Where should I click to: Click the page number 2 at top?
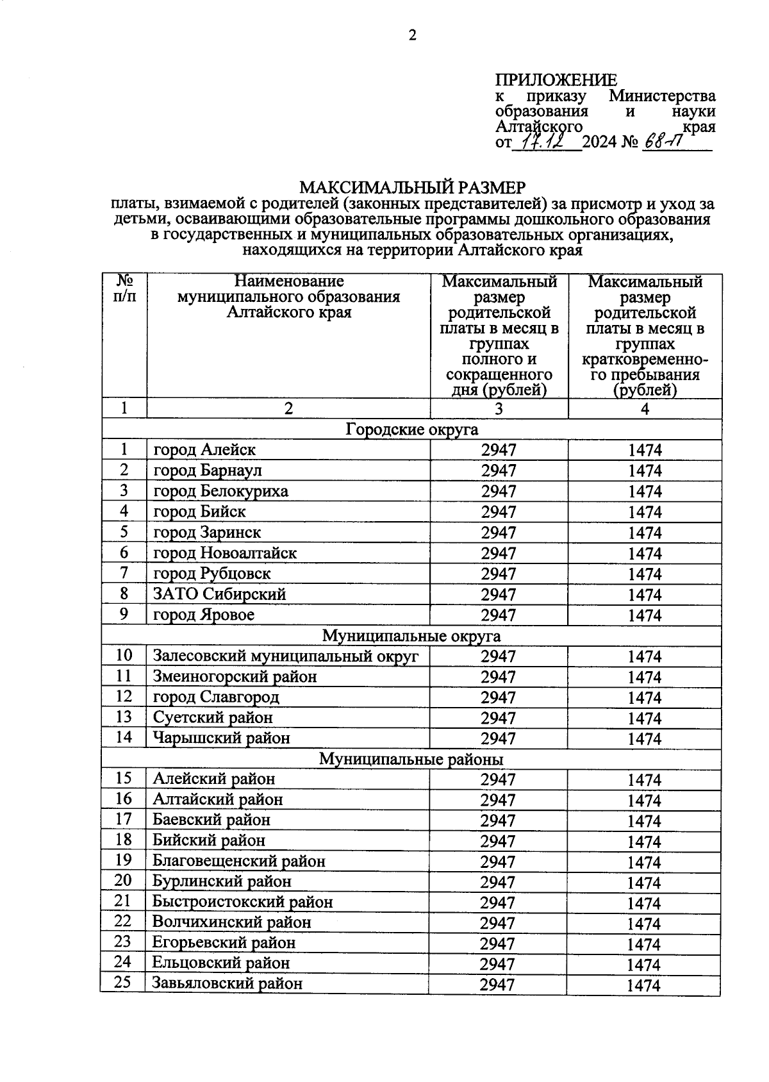click(x=412, y=35)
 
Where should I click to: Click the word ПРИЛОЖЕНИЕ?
click(x=556, y=80)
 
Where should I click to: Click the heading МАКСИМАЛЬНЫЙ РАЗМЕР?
click(x=412, y=187)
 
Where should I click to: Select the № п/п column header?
click(x=124, y=289)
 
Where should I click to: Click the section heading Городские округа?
click(x=411, y=429)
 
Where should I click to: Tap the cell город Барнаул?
click(x=208, y=470)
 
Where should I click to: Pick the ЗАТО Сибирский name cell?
click(x=219, y=594)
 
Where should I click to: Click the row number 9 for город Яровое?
click(x=124, y=614)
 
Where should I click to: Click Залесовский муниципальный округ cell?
click(x=285, y=656)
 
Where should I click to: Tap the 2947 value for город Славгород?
click(x=499, y=697)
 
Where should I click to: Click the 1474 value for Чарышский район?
click(x=644, y=738)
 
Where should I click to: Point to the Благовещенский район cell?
click(x=238, y=861)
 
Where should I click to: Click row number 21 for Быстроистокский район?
click(x=123, y=901)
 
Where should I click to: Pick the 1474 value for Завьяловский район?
click(x=643, y=985)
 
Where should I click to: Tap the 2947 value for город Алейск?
click(x=499, y=450)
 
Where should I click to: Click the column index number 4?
click(x=645, y=409)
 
